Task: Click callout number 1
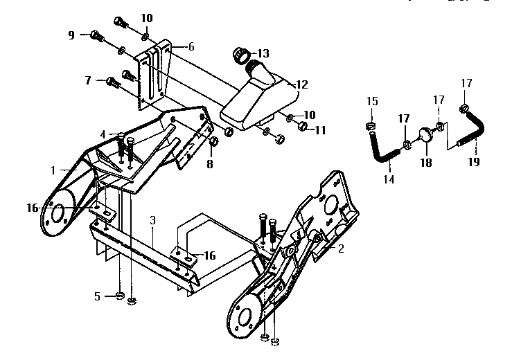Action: [x=53, y=169]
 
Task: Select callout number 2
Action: [x=340, y=247]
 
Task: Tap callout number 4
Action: [x=103, y=134]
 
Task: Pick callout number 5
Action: [x=98, y=296]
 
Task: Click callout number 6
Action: [x=191, y=46]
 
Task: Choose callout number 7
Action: [x=88, y=80]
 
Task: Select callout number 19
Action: [x=473, y=164]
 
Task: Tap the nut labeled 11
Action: [x=303, y=127]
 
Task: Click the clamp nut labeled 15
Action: [x=371, y=125]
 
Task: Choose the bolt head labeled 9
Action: [x=96, y=34]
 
